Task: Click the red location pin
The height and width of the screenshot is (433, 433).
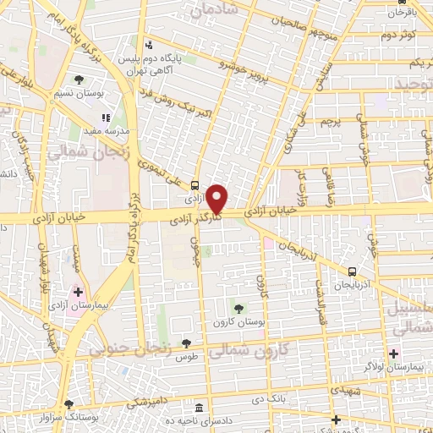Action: point(218,199)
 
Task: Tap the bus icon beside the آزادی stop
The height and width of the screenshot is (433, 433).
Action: point(195,186)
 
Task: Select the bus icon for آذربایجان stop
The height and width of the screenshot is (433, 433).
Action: point(353,271)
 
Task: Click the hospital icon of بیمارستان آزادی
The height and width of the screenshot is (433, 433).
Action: point(78,291)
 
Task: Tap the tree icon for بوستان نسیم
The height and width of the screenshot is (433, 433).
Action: point(79,79)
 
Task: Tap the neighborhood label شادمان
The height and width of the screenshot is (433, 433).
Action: point(211,11)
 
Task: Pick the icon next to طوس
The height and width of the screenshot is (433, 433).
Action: point(186,343)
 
